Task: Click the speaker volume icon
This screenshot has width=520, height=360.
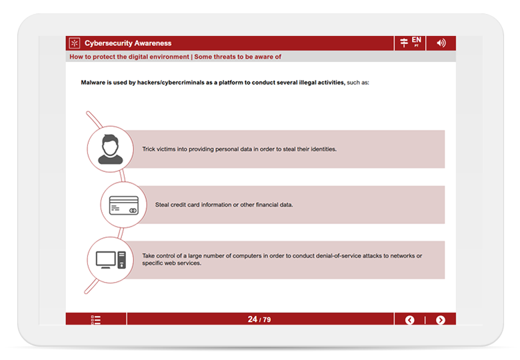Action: pos(441,43)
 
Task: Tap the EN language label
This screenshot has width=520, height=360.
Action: pos(417,40)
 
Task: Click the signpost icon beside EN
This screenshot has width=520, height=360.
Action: pos(404,43)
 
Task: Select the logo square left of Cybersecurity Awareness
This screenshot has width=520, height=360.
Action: pos(75,43)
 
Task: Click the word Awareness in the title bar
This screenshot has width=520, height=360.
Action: pos(153,43)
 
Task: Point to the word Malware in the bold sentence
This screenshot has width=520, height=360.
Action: pos(93,83)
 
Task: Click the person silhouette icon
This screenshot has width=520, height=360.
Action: pos(111,149)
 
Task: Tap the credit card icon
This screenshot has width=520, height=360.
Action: pos(124,205)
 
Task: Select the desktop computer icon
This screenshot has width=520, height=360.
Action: pos(111,260)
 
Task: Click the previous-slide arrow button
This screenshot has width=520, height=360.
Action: pos(409,320)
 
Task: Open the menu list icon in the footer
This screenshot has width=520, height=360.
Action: pos(96,320)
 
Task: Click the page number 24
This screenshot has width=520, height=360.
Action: pos(253,319)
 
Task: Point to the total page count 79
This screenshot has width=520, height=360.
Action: pos(267,320)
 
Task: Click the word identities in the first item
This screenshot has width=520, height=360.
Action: pos(324,149)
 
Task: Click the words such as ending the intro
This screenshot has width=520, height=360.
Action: pos(358,83)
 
